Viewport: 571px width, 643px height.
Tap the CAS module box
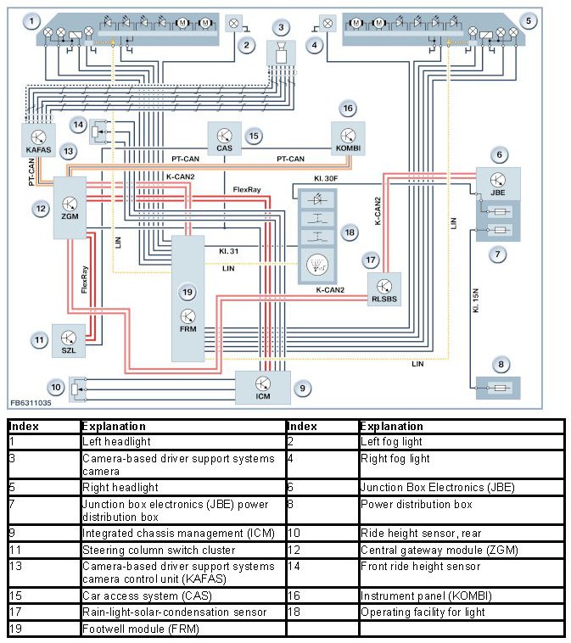point(225,138)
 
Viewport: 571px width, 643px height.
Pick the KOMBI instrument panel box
point(348,137)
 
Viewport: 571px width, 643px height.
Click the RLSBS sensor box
point(383,289)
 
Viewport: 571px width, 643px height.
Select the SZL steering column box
point(68,339)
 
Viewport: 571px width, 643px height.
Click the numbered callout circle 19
point(188,292)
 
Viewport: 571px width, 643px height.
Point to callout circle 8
point(501,366)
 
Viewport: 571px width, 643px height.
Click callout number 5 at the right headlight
point(529,20)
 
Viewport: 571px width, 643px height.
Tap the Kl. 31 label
point(228,252)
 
